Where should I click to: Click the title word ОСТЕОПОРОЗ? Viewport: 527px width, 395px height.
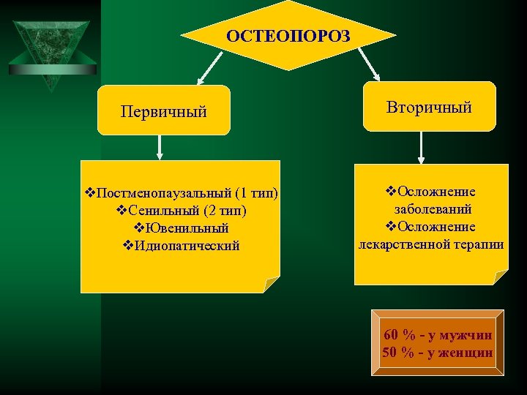(x=288, y=37)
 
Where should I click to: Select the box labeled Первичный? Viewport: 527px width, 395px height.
(x=164, y=111)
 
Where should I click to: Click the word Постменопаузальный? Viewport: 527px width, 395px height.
(x=164, y=194)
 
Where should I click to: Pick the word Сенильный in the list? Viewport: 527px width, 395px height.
(x=163, y=211)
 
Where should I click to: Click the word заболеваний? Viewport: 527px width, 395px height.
(x=430, y=209)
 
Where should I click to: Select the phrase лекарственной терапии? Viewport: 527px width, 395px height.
(x=430, y=244)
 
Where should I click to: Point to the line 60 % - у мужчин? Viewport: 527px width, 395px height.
(x=438, y=335)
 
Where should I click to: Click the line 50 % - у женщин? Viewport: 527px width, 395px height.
(x=438, y=353)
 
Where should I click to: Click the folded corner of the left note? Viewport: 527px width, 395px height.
(x=272, y=285)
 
